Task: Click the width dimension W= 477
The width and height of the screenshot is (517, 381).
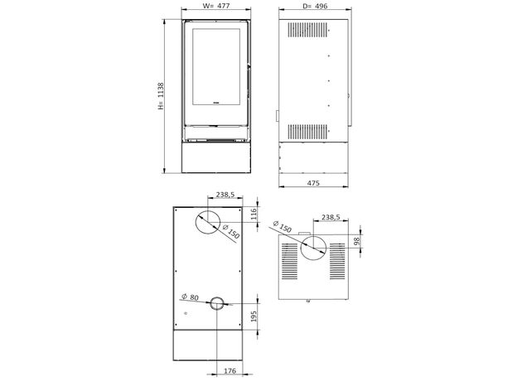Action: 216,6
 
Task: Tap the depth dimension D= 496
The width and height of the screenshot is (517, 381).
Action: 315,6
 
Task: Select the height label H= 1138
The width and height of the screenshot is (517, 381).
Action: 161,96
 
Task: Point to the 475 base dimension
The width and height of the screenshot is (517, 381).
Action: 313,182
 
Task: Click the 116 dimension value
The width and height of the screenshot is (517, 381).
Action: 254,215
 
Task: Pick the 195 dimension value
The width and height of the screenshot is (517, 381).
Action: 254,316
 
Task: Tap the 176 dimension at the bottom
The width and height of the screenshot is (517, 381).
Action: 230,371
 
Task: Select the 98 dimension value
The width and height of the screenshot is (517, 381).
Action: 356,242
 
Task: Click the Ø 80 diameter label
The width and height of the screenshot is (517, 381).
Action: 191,297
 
